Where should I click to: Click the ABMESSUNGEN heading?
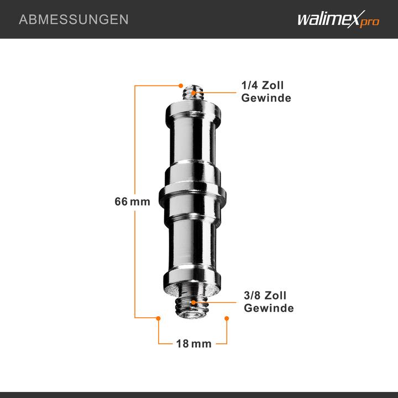[x=74, y=19]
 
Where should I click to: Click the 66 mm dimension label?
[x=132, y=202]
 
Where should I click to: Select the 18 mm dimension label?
[x=193, y=344]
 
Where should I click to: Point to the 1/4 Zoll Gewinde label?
[x=266, y=92]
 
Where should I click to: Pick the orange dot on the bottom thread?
[x=193, y=303]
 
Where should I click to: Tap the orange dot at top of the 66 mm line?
[x=181, y=85]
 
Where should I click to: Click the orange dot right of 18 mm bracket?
[x=227, y=318]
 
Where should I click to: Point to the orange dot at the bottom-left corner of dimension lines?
[x=159, y=318]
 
